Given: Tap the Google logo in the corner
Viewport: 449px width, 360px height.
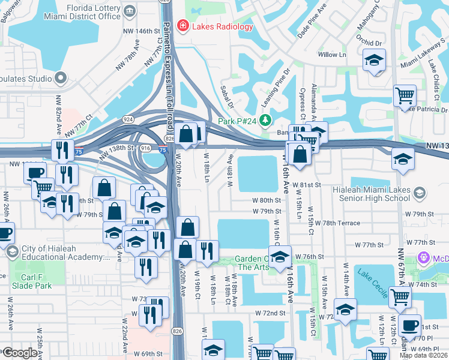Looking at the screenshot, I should [x=19, y=353].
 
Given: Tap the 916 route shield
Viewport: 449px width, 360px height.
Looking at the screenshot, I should [x=145, y=147].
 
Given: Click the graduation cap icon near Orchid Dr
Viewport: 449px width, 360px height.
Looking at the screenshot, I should [x=375, y=61].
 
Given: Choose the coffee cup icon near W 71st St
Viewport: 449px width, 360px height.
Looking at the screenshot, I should [x=410, y=326].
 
